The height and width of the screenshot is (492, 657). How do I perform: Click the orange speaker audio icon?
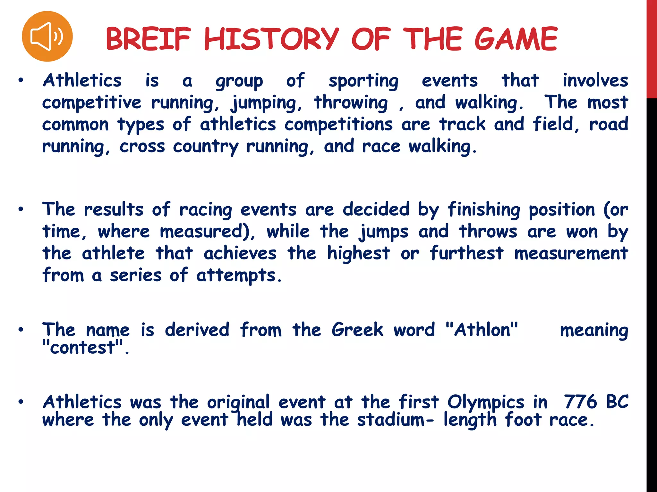pos(47,36)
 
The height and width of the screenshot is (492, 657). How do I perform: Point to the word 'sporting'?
pos(363,81)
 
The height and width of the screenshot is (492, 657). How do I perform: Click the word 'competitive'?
pos(92,103)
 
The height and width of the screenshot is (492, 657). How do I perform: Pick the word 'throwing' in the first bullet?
pos(351,103)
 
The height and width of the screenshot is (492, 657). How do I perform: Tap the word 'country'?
pos(206,147)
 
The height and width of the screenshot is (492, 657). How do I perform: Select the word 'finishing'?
pos(484,210)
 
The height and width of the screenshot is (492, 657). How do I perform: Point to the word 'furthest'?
pos(467,253)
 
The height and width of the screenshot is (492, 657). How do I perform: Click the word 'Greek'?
pos(357,330)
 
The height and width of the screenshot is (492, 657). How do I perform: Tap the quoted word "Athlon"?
pos(482,330)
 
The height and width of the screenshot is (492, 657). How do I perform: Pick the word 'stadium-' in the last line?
pos(396,420)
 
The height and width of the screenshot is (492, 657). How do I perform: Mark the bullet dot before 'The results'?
pos(21,210)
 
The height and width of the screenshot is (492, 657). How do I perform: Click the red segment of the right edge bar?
pos(652,48)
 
